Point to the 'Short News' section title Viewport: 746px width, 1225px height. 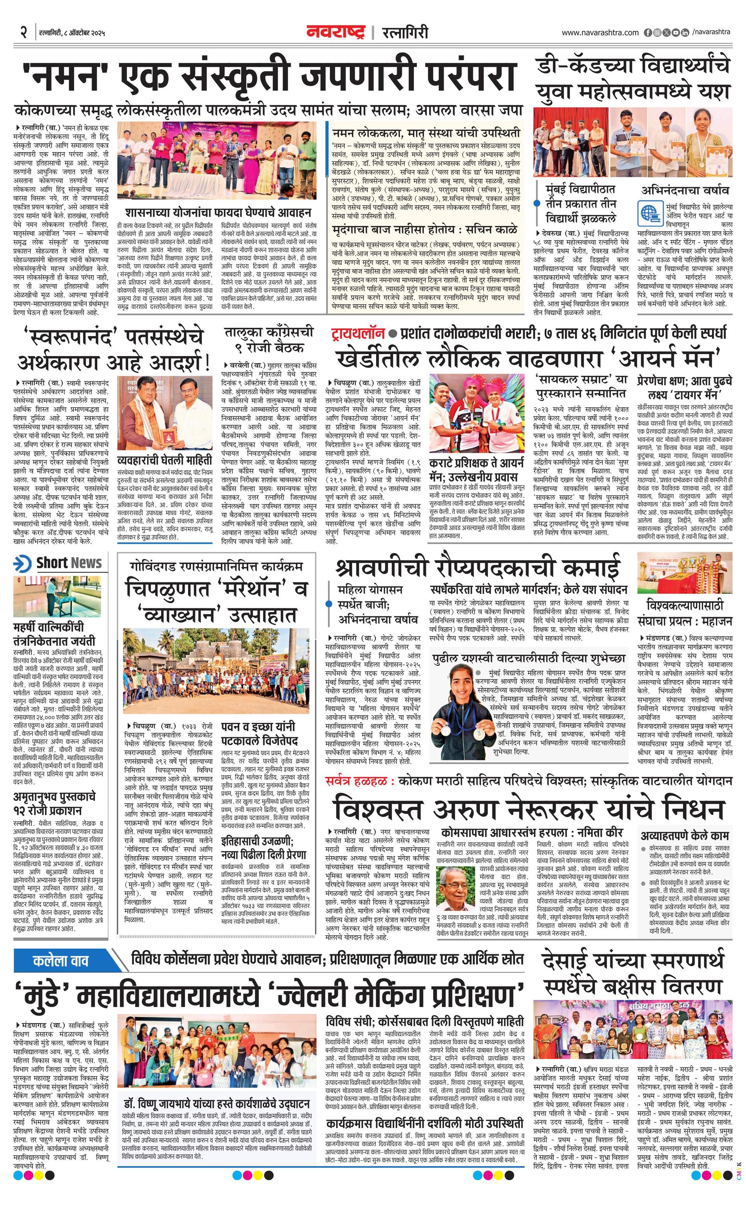(x=69, y=563)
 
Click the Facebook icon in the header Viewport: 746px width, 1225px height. (x=648, y=33)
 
